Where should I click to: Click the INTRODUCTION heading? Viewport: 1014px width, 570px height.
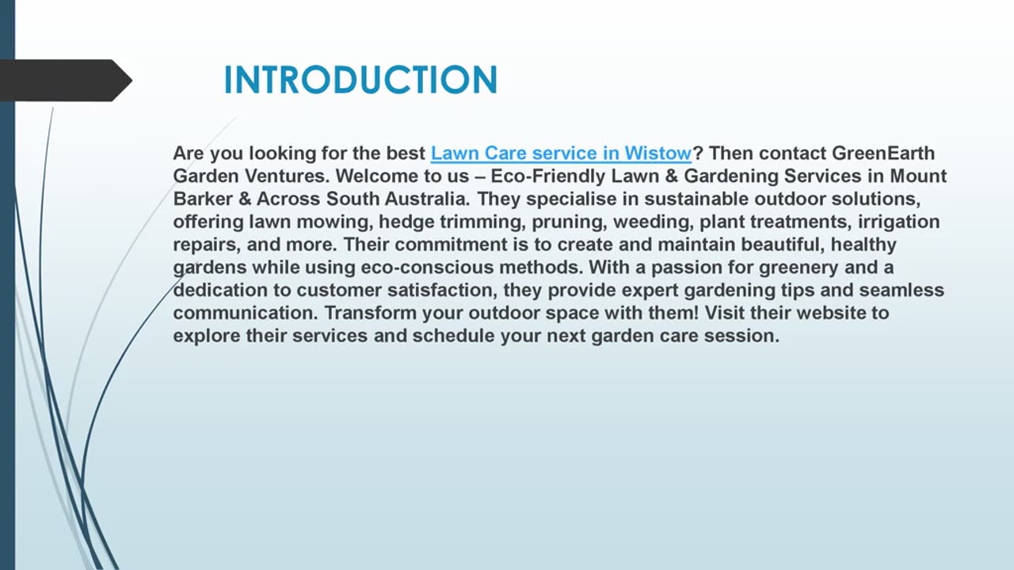click(360, 80)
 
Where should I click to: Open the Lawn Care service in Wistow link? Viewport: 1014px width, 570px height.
click(561, 153)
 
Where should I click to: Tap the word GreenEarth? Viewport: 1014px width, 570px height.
click(882, 153)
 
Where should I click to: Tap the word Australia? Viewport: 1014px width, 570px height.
click(425, 199)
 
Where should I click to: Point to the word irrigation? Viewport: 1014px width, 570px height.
click(898, 222)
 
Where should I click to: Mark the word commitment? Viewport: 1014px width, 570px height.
click(448, 245)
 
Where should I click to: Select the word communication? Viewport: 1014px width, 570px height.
click(246, 313)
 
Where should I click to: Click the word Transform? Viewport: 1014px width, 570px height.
click(371, 313)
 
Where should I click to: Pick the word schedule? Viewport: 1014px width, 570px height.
click(453, 336)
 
